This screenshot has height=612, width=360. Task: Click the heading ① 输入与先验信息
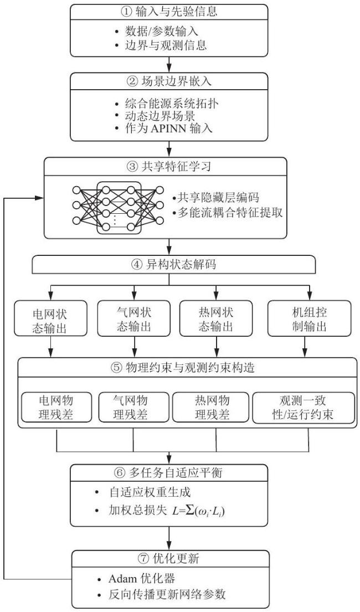click(169, 11)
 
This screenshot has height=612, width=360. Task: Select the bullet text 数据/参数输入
click(162, 31)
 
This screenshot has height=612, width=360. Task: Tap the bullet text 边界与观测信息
click(166, 45)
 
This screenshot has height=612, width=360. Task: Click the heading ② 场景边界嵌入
click(169, 82)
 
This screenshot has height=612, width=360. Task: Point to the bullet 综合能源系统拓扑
click(171, 104)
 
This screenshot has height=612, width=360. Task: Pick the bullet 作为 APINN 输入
click(169, 128)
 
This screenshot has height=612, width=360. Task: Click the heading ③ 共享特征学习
click(169, 167)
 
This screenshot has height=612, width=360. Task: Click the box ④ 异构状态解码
click(169, 265)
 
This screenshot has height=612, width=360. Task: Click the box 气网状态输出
click(134, 319)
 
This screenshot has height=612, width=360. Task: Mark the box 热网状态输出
click(216, 319)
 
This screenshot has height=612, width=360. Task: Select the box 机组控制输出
click(310, 318)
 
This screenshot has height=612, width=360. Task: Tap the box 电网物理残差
click(56, 407)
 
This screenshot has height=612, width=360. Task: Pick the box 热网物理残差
click(211, 407)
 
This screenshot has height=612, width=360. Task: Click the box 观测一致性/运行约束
click(302, 408)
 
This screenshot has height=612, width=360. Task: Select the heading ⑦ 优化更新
click(169, 558)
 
